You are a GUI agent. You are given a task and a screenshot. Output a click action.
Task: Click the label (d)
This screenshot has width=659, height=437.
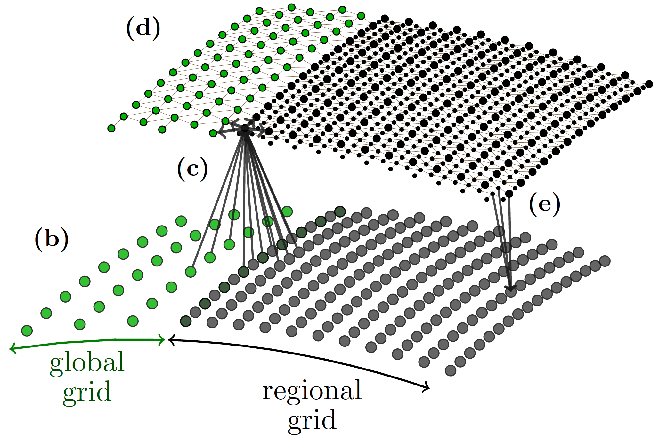click(143, 28)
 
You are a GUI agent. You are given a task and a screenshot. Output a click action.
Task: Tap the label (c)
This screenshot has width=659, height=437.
click(192, 169)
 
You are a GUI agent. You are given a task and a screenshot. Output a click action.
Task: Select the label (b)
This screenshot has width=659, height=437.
click(52, 239)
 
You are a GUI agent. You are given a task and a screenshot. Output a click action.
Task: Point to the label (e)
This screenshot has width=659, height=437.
click(544, 204)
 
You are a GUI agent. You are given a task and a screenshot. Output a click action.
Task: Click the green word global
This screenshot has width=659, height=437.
click(87, 362)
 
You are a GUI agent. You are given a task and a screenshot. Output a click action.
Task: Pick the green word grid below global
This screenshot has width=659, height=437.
click(87, 392)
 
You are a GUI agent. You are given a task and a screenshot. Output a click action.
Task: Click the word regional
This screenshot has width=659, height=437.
click(312, 390)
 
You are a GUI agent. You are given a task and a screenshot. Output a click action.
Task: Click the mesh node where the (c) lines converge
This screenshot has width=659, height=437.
click(245, 129)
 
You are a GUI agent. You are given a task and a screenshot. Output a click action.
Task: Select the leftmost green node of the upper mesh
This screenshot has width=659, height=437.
click(111, 129)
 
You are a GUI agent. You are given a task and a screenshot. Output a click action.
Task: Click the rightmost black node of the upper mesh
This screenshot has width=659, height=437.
click(649, 84)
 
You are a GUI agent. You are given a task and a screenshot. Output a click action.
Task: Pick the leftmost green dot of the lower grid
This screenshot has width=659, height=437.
click(27, 330)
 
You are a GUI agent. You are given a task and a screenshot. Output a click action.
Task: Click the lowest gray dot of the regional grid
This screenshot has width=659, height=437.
click(451, 370)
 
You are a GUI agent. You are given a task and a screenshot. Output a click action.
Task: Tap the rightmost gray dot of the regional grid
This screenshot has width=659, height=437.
click(605, 261)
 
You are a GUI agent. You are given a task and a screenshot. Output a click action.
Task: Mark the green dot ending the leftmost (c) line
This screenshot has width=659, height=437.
click(191, 272)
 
